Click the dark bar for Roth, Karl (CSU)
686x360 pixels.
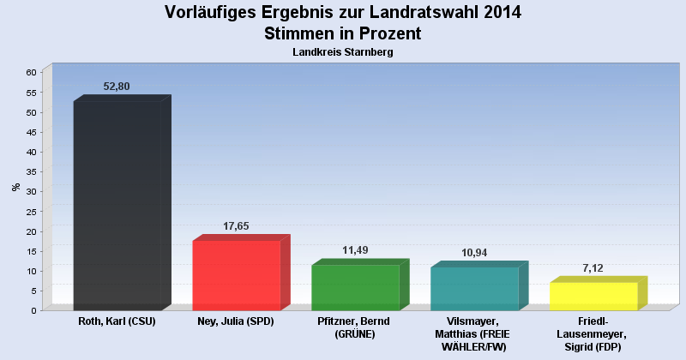[x=117, y=206]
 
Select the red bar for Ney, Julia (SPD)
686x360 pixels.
[x=236, y=275]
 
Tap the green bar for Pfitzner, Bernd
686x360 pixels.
[x=355, y=287]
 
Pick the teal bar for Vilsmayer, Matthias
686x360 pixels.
[x=474, y=288]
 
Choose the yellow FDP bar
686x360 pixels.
[x=593, y=296]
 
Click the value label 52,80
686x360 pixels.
[x=117, y=87]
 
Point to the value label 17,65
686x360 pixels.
[x=236, y=226]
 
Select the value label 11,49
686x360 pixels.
[x=355, y=250]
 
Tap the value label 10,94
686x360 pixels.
[x=474, y=253]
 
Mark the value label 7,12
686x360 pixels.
[x=593, y=268]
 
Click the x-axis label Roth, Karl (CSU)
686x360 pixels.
[x=117, y=321]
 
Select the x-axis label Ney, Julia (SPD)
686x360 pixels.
[x=236, y=321]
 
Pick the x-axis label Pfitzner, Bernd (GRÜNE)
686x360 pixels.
[x=355, y=327]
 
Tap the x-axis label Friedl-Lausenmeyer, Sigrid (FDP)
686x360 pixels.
[x=593, y=333]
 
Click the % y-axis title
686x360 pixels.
[x=15, y=187]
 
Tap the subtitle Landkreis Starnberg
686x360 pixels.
[x=342, y=52]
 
